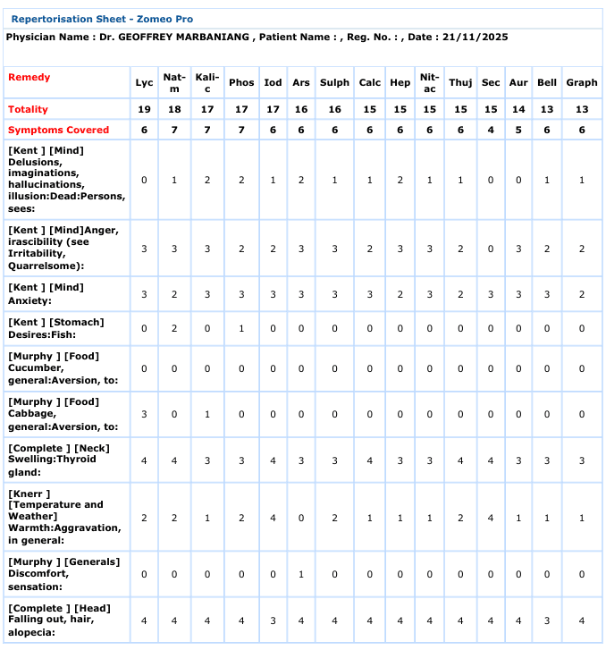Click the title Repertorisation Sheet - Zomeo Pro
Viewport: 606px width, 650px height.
tap(101, 19)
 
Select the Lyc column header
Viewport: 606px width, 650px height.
tap(144, 82)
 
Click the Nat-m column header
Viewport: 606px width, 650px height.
tap(174, 82)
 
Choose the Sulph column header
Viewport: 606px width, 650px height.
tap(334, 82)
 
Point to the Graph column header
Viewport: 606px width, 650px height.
tap(582, 82)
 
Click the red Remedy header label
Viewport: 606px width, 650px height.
tap(29, 77)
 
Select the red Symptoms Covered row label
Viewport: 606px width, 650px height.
tap(58, 130)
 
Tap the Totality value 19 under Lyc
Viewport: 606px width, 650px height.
tap(144, 109)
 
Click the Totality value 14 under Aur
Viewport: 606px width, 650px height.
tap(518, 109)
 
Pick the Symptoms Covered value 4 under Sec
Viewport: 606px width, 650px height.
tap(491, 130)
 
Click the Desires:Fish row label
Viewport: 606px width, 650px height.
tap(55, 328)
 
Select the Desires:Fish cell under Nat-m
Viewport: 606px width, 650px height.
tap(174, 328)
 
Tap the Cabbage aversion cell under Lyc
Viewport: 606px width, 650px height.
tap(144, 414)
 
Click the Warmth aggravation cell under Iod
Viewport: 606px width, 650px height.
tap(274, 517)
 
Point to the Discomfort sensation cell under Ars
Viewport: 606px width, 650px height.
tap(301, 575)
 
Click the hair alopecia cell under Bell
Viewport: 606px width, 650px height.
tap(547, 620)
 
